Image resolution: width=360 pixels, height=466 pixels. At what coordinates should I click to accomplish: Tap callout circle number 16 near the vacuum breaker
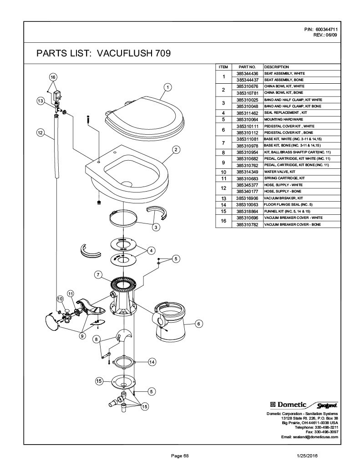(53, 77)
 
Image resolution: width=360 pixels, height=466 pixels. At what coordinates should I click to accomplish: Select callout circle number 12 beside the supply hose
(41, 132)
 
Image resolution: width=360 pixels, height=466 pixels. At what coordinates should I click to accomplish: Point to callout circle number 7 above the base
(98, 275)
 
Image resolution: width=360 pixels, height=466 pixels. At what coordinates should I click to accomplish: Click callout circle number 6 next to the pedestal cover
(198, 324)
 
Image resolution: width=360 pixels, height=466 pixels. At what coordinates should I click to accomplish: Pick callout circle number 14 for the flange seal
(152, 362)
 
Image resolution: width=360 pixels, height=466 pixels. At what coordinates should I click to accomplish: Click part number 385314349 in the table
(247, 172)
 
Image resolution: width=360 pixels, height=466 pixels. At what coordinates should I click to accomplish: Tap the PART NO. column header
(247, 67)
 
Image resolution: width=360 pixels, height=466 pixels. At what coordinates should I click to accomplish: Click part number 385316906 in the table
(247, 198)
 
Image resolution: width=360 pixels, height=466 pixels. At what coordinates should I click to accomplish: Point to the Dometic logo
(289, 405)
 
